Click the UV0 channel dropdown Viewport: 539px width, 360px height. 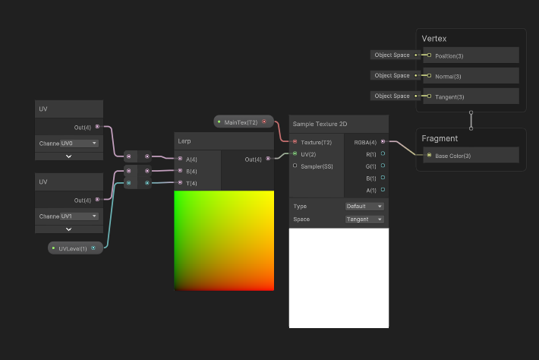point(80,144)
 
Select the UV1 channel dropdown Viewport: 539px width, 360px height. point(80,216)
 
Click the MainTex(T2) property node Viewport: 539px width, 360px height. point(244,122)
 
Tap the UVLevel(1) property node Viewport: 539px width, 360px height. point(76,248)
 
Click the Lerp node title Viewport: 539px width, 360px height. point(184,141)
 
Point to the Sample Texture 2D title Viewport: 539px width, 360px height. point(320,124)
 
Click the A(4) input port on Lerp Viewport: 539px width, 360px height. point(180,159)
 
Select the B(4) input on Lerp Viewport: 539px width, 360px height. point(180,171)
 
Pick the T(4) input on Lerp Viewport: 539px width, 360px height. point(180,182)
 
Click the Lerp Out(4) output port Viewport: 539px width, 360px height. point(268,159)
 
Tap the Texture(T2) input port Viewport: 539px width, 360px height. point(295,142)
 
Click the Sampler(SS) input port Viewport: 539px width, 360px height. point(295,166)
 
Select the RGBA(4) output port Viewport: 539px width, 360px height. point(383,141)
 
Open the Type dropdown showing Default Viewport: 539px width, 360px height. point(364,207)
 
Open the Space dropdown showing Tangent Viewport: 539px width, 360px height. point(364,219)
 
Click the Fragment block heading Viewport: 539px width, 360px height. point(440,138)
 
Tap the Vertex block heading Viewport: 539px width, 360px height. point(434,39)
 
